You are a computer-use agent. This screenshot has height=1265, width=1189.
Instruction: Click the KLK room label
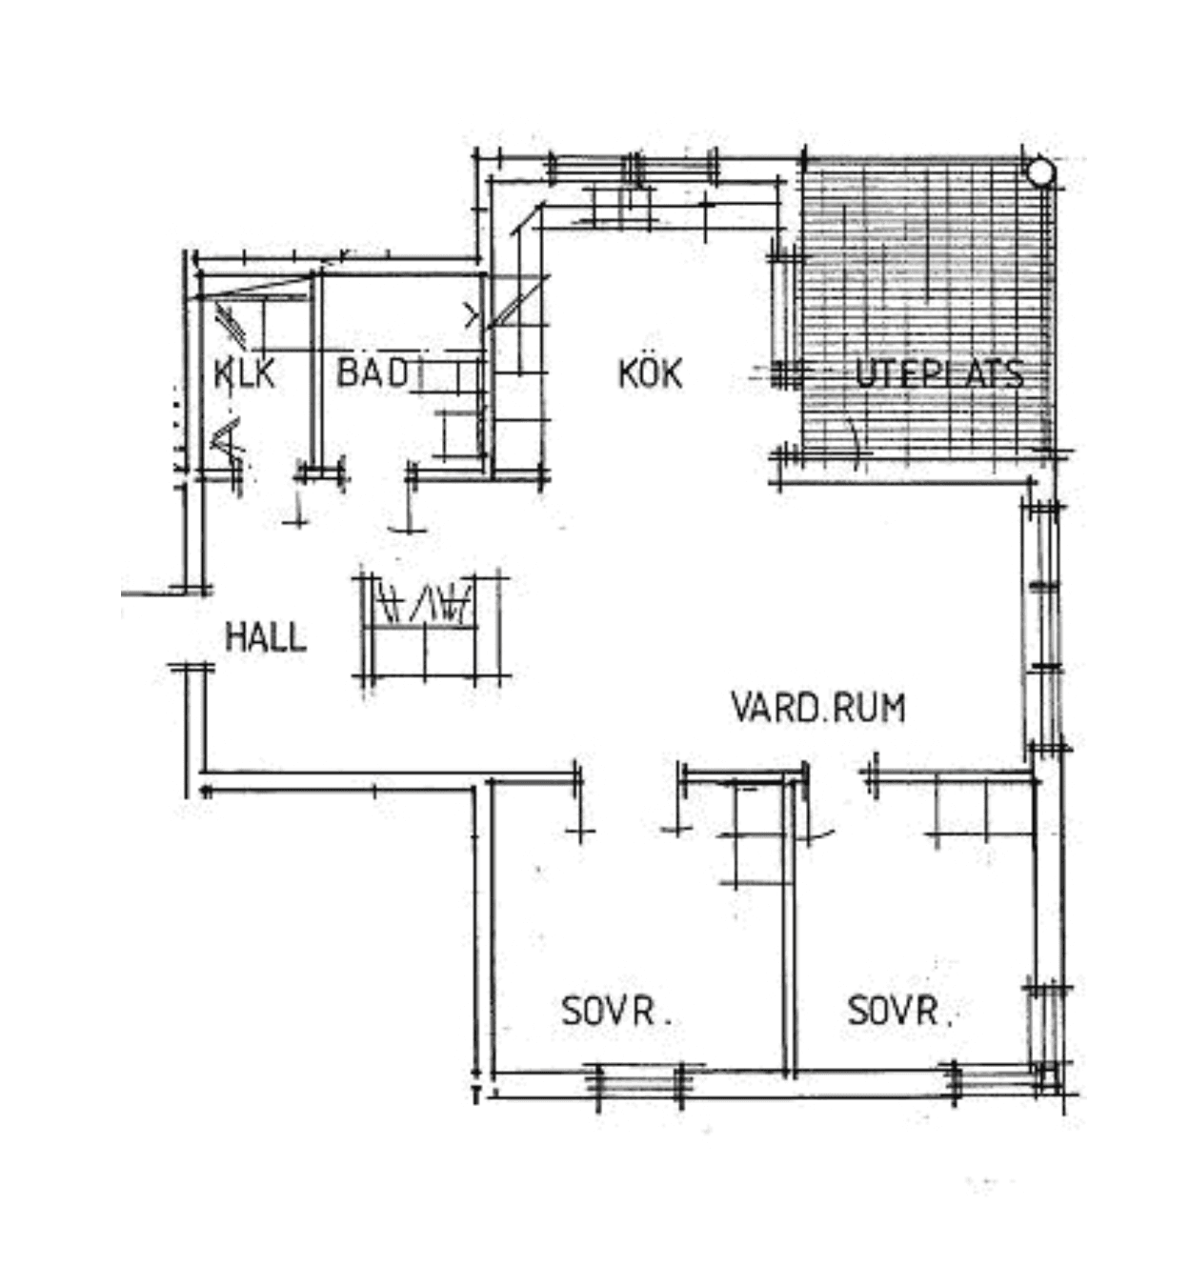click(x=245, y=373)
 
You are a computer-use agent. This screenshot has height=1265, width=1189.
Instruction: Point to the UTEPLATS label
click(x=939, y=374)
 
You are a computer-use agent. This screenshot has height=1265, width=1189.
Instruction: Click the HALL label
click(x=267, y=637)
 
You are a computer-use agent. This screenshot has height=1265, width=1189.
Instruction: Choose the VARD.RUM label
click(x=818, y=708)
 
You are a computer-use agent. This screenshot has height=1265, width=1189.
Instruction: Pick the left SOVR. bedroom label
click(x=615, y=1011)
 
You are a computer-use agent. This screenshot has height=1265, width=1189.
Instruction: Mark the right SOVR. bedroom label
click(x=900, y=1011)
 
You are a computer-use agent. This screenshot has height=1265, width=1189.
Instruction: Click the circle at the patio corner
click(x=1040, y=172)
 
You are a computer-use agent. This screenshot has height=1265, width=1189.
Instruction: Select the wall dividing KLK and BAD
click(x=316, y=372)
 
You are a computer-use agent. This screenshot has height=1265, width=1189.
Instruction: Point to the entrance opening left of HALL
click(x=191, y=630)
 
